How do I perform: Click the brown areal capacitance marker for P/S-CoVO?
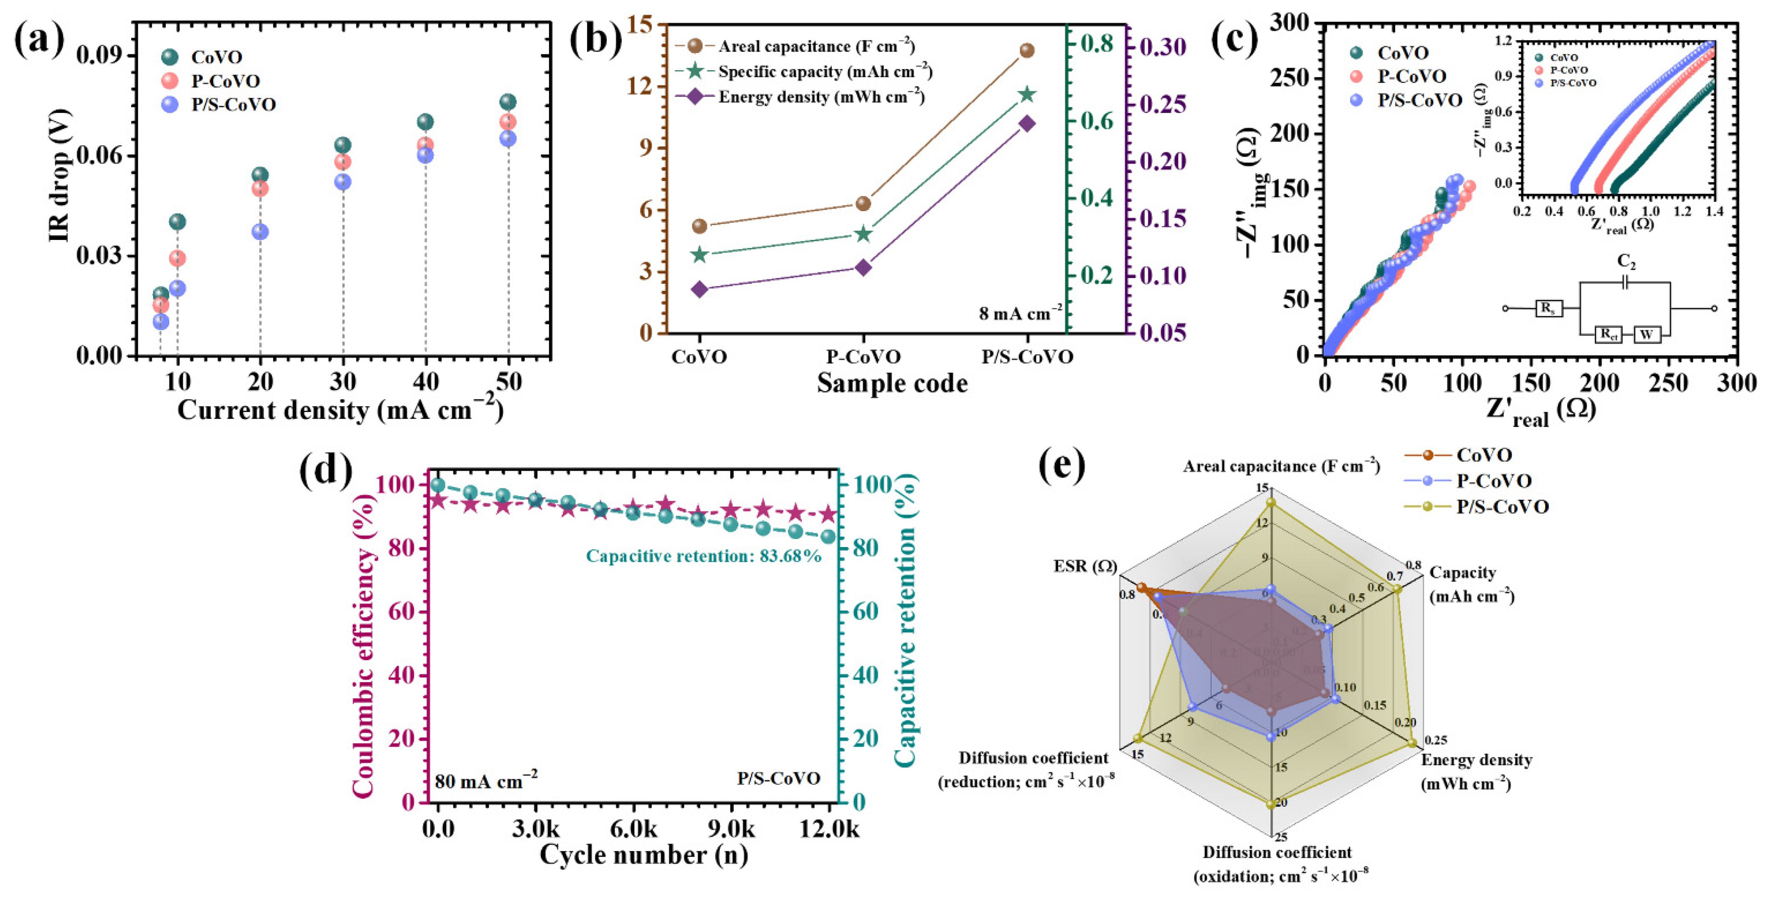[1027, 50]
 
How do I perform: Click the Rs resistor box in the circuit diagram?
[1549, 308]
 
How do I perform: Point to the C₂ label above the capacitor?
[1626, 261]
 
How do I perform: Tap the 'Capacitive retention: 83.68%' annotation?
[703, 556]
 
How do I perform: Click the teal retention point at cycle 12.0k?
[829, 537]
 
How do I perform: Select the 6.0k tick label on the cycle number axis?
[633, 829]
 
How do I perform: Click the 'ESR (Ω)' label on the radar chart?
[1085, 566]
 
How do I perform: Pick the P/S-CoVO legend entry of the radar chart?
[1502, 507]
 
